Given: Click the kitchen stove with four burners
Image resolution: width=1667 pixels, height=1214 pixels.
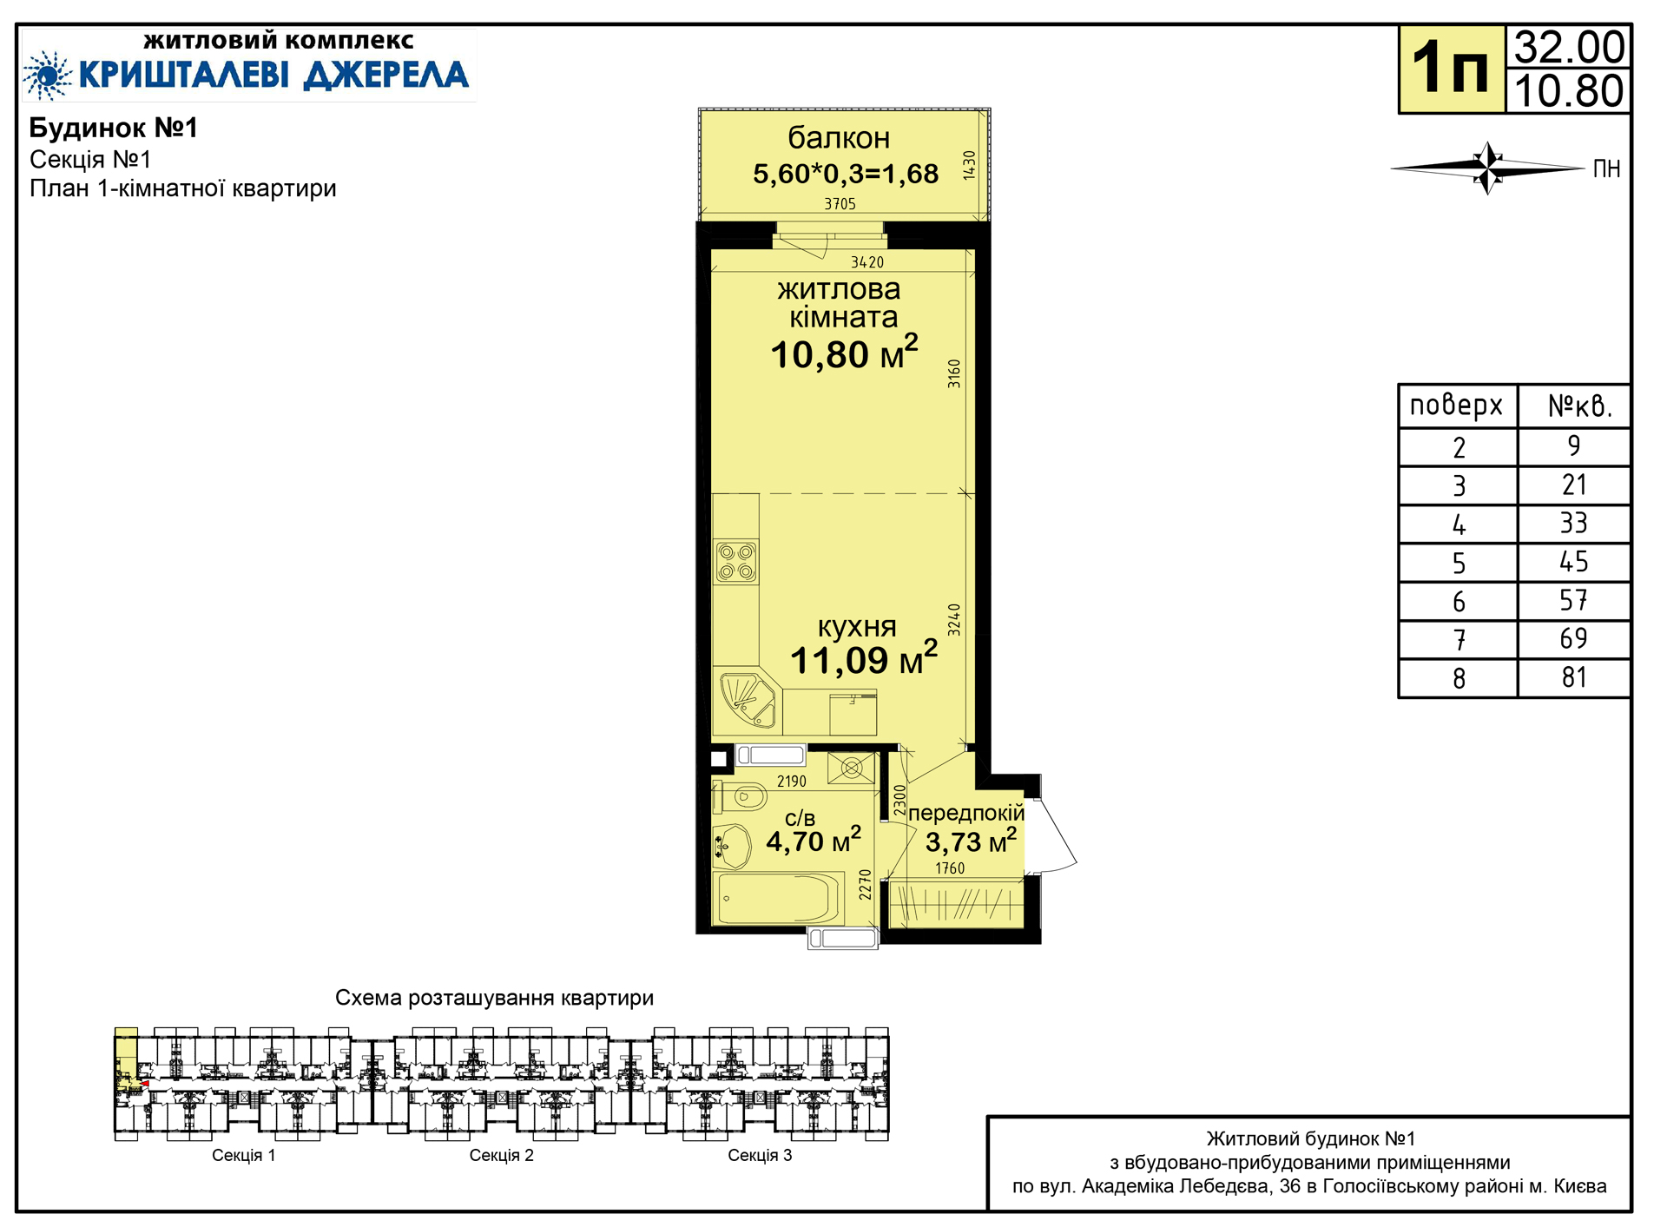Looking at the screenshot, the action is point(735,561).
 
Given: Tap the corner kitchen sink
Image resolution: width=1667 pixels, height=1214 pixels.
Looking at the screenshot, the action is point(747,700).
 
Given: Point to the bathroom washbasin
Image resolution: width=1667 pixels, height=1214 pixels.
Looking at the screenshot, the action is point(732,845).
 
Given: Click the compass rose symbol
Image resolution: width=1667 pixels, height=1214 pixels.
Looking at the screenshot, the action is point(1487,168).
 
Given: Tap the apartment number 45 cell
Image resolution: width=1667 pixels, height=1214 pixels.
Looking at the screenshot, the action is point(1573,562).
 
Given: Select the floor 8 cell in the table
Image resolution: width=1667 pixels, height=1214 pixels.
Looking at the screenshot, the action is point(1459,678).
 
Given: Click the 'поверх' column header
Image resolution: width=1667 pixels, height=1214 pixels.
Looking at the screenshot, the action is point(1456,406).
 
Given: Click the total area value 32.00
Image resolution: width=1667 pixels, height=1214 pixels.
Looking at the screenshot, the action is point(1569,47).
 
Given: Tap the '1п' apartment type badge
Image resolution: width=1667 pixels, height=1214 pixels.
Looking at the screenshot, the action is point(1450,68).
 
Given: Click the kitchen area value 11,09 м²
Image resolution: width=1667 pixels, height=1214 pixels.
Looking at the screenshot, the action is point(864,658).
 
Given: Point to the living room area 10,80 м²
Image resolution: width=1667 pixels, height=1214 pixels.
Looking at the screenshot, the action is point(844,353).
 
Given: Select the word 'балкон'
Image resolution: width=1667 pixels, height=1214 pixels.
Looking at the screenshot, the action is point(839,138).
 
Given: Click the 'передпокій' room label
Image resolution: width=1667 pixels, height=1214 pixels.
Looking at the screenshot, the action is point(966,813).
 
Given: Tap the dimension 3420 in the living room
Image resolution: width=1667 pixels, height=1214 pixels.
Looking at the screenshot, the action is point(867,262).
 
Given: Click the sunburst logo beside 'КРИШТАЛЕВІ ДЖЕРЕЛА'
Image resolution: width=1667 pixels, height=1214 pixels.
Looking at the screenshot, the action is point(48,76).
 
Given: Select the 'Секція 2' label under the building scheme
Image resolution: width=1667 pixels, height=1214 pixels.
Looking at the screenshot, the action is point(501,1155).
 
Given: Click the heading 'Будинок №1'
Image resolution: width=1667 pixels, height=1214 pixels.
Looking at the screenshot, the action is point(114,128).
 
